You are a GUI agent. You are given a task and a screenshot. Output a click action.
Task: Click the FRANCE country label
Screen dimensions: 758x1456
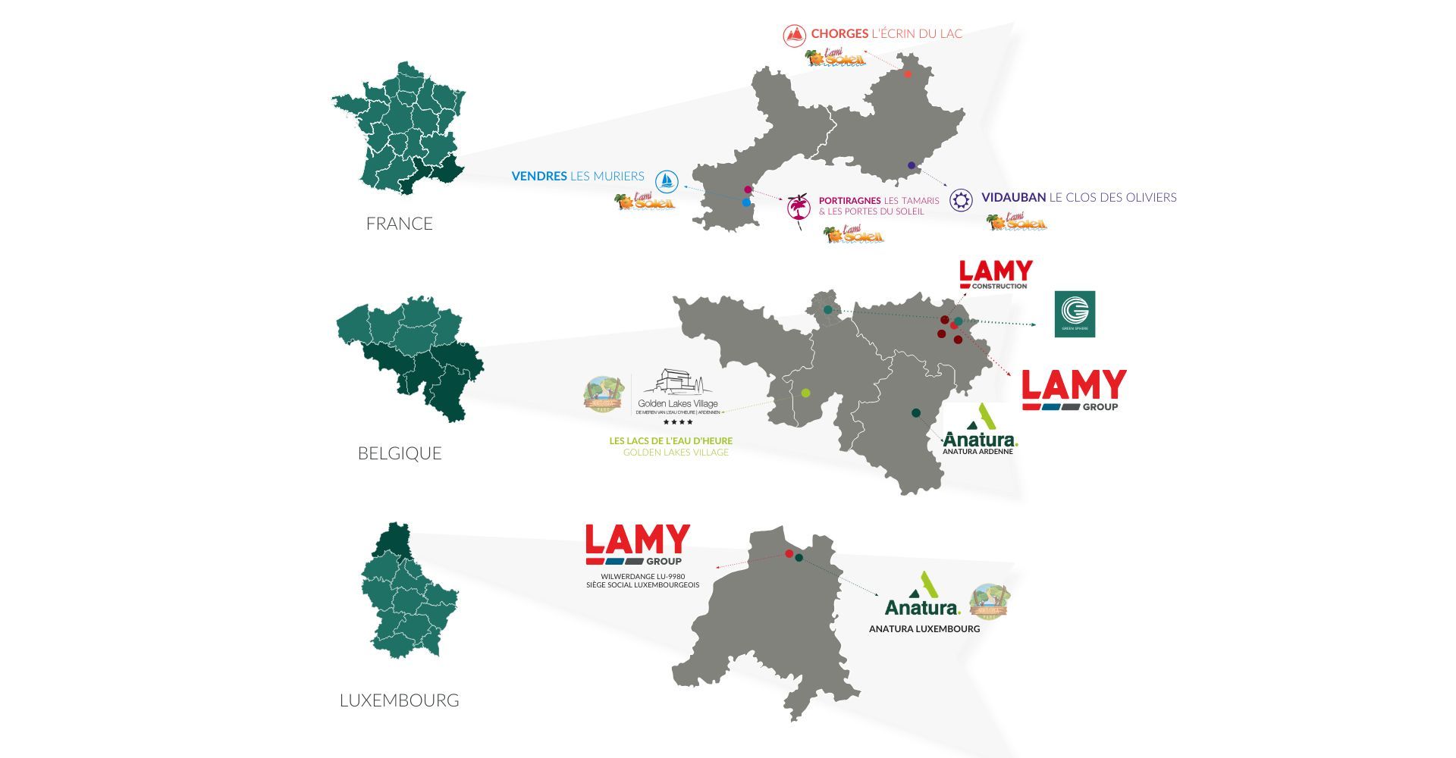pyautogui.click(x=399, y=224)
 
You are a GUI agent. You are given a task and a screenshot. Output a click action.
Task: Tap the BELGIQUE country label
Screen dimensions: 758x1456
pyautogui.click(x=399, y=453)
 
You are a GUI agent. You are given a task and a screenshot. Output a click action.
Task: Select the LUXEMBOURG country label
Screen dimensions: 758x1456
pyautogui.click(x=399, y=700)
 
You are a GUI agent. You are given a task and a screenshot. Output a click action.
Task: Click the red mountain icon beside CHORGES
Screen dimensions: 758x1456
pyautogui.click(x=794, y=35)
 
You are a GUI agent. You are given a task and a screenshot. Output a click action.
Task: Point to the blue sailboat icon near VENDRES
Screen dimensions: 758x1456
pyautogui.click(x=667, y=180)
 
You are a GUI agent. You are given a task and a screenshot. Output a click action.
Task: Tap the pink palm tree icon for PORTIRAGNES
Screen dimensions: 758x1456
pyautogui.click(x=799, y=207)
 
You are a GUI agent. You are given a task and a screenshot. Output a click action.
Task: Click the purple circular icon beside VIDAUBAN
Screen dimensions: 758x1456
pyautogui.click(x=961, y=199)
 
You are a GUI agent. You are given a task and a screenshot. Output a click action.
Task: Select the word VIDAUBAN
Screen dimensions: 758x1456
pyautogui.click(x=1013, y=197)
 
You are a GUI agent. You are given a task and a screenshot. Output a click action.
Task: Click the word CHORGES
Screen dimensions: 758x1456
pyautogui.click(x=839, y=33)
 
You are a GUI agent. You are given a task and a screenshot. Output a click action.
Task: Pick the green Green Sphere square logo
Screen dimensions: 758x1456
pyautogui.click(x=1075, y=314)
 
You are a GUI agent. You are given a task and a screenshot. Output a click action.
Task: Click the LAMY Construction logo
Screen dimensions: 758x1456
pyautogui.click(x=996, y=274)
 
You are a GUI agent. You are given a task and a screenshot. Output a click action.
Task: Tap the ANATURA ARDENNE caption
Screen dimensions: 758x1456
pyautogui.click(x=977, y=452)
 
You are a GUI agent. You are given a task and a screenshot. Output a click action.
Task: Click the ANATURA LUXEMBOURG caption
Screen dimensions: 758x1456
pyautogui.click(x=924, y=628)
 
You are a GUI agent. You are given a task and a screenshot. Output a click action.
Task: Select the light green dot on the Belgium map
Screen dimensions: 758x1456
pyautogui.click(x=805, y=393)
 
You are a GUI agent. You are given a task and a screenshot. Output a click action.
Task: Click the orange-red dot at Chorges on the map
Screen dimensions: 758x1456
pyautogui.click(x=908, y=74)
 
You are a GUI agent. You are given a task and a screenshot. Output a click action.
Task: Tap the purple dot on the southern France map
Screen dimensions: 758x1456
pyautogui.click(x=911, y=165)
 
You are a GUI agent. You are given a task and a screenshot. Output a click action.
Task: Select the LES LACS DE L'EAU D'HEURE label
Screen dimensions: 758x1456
pyautogui.click(x=670, y=440)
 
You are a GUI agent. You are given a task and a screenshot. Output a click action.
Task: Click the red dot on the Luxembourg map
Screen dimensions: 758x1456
pyautogui.click(x=789, y=554)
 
